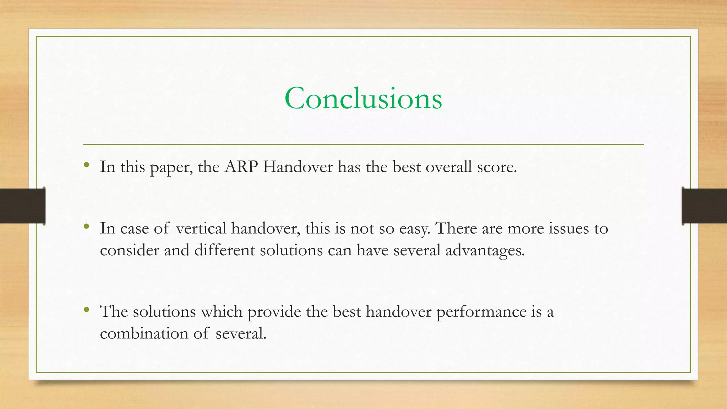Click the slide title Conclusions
coord(363,98)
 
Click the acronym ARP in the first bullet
coord(241,167)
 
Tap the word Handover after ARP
coord(297,167)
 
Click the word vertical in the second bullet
coord(201,228)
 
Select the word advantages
coord(484,251)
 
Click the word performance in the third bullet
coord(481,312)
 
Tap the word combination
coord(144,333)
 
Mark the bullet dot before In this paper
coord(86,165)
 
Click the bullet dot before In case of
coord(86,226)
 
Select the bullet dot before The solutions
coord(86,310)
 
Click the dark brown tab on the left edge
coord(22,206)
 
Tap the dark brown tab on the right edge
coord(704,206)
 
